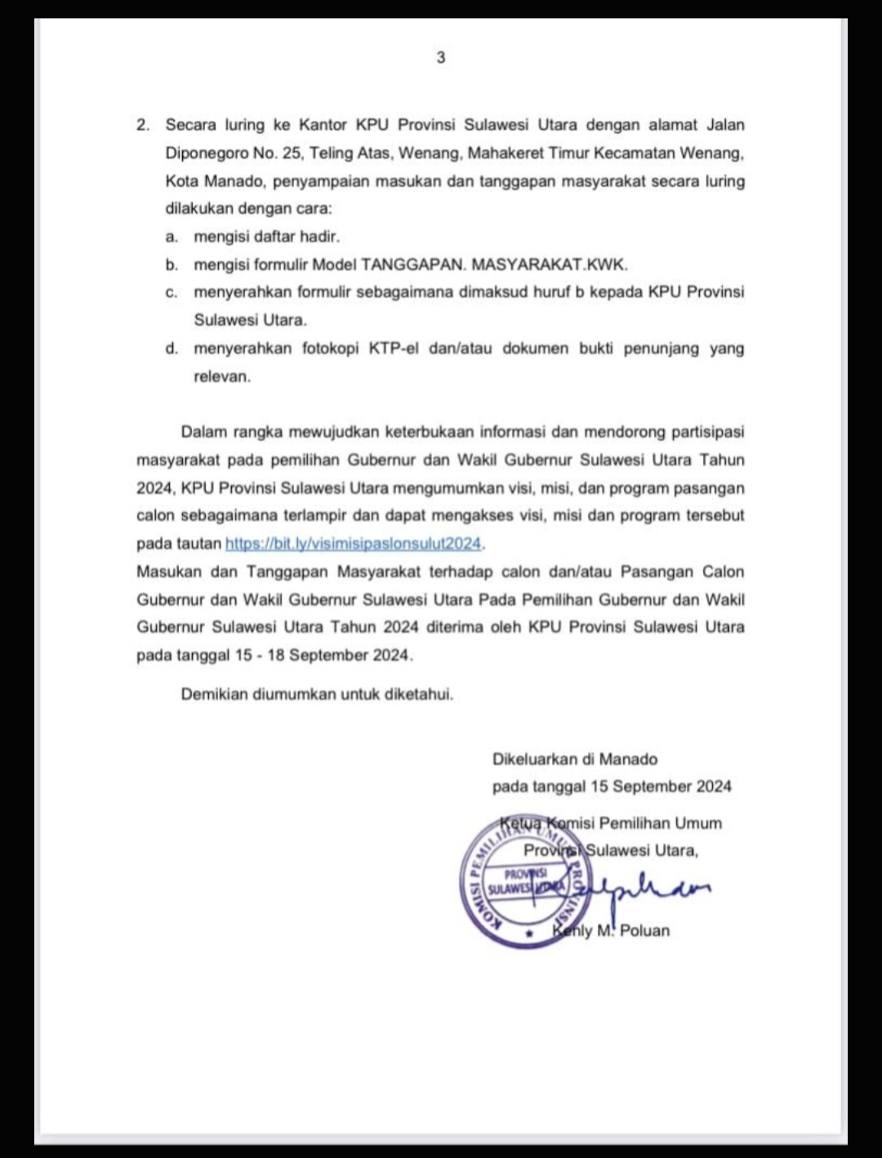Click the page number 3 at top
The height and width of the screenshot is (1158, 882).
(x=441, y=58)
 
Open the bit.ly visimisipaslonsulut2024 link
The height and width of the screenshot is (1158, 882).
(x=353, y=544)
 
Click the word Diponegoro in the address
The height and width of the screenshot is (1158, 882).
(x=207, y=153)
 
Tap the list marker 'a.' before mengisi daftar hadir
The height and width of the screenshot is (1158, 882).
(x=171, y=237)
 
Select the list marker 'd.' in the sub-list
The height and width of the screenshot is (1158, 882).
(x=171, y=349)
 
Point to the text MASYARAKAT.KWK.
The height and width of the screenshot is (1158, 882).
(x=550, y=265)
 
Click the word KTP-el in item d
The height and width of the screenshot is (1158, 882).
(x=394, y=349)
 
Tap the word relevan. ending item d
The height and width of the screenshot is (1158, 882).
(x=222, y=376)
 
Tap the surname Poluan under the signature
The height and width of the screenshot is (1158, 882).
(x=644, y=930)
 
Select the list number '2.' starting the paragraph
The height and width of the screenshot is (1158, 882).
(x=144, y=125)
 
